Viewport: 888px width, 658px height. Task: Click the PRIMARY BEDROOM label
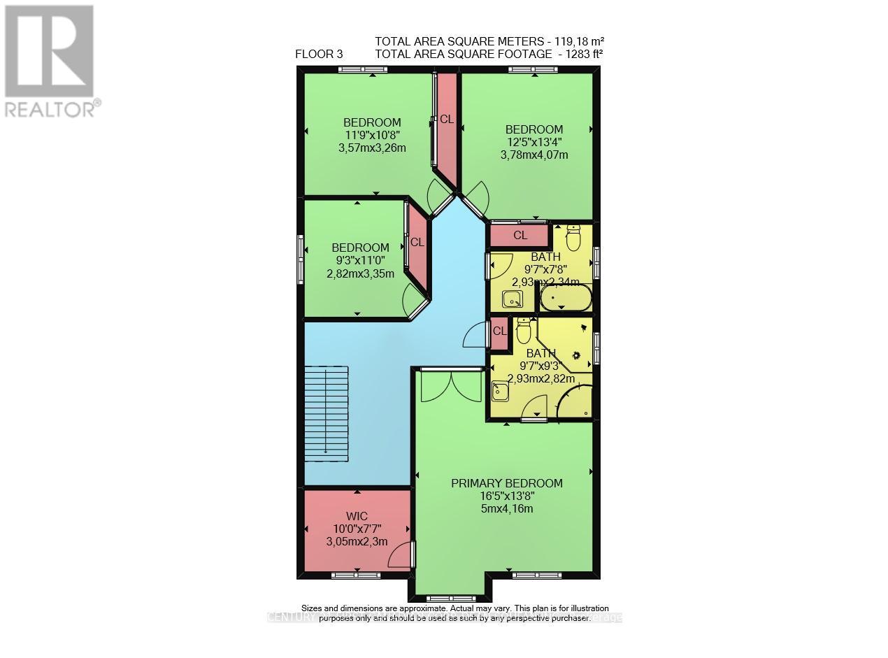pyautogui.click(x=506, y=483)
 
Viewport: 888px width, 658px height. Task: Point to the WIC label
pyautogui.click(x=357, y=516)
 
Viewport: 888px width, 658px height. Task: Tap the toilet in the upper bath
pyautogui.click(x=573, y=238)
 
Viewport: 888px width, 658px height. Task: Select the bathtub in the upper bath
pyautogui.click(x=566, y=300)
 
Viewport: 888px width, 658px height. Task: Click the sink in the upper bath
pyautogui.click(x=513, y=299)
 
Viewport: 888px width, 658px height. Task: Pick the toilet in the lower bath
pyautogui.click(x=523, y=331)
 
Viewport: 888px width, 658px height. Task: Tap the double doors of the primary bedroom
pyautogui.click(x=451, y=385)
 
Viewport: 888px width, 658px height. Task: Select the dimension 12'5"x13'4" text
pyautogui.click(x=534, y=142)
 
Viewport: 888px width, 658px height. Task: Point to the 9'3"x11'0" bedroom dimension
pyautogui.click(x=360, y=260)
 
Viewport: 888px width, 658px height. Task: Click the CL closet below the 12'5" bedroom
pyautogui.click(x=520, y=236)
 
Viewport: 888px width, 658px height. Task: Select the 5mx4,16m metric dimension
pyautogui.click(x=506, y=508)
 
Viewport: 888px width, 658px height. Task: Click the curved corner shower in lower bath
pyautogui.click(x=576, y=401)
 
